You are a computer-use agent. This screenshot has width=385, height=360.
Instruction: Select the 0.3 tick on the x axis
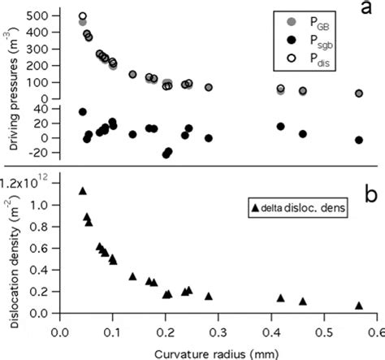point(219,331)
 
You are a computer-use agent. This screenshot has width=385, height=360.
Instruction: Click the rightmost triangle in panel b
point(359,306)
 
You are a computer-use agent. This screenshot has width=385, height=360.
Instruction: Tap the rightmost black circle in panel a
point(359,140)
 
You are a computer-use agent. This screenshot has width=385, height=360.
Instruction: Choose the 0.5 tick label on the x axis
point(326,331)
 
